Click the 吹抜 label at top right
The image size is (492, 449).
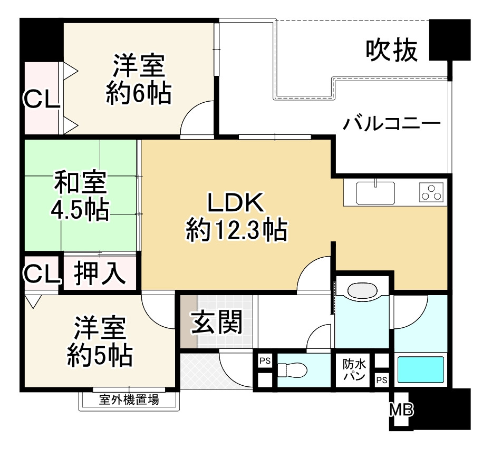tap(392, 51)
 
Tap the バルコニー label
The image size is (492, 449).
tap(392, 125)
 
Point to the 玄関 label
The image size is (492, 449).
tap(216, 322)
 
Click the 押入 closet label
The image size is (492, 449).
tap(99, 272)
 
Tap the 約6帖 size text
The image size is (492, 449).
tap(138, 93)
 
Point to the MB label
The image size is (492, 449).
tap(401, 409)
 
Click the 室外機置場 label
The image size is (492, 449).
tap(129, 400)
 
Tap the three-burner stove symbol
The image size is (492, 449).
tap(431, 192)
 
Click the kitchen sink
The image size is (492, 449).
tap(375, 193)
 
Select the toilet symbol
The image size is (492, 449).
tap(293, 370)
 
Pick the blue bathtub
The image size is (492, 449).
tap(420, 370)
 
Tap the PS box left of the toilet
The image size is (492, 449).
tap(264, 362)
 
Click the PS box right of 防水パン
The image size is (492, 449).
tap(381, 379)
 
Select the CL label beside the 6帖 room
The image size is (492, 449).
tap(42, 99)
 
